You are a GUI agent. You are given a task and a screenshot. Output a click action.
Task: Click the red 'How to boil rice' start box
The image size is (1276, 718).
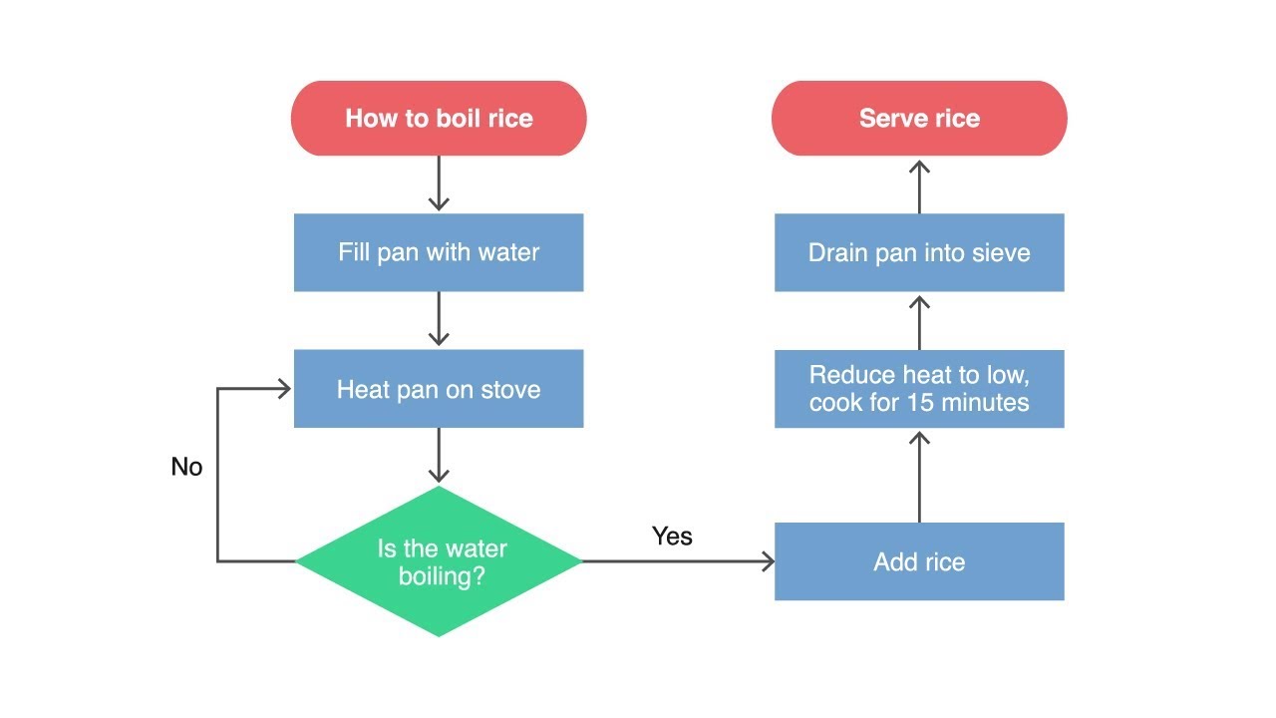[x=439, y=119]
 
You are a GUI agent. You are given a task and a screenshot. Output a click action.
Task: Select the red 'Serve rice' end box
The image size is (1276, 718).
[x=919, y=119]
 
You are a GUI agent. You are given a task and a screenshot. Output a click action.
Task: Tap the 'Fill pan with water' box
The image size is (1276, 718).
[x=439, y=252]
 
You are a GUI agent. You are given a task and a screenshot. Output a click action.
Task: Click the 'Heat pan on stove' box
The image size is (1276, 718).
[x=439, y=389]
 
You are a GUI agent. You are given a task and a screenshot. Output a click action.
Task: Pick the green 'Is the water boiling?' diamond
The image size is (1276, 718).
[x=439, y=561]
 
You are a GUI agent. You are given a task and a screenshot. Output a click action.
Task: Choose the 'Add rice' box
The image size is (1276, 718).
[x=919, y=561]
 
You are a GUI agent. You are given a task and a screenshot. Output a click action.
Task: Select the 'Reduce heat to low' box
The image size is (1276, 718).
[x=919, y=389]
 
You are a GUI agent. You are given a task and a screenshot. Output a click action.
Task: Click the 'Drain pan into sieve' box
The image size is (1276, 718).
[x=919, y=252]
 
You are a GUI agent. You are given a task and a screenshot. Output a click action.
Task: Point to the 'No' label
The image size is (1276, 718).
[x=186, y=467]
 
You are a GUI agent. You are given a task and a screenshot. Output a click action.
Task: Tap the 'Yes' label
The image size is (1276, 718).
[x=672, y=537]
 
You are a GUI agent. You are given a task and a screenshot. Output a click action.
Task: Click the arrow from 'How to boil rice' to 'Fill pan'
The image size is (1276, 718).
[x=439, y=184]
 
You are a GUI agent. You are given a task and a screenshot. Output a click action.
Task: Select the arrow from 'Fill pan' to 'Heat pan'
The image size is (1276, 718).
[x=439, y=320]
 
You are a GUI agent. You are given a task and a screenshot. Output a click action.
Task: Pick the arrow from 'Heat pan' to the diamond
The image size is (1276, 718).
[x=439, y=457]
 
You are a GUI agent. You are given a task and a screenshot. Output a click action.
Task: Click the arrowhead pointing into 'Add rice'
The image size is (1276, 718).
[x=767, y=561]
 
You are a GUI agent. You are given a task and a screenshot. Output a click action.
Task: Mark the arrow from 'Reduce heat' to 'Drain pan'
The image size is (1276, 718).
[x=919, y=321]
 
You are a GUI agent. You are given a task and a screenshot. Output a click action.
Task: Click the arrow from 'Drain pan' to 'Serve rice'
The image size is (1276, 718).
[x=919, y=185]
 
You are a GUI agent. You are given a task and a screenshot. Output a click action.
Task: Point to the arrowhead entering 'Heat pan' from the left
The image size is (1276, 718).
[x=284, y=389]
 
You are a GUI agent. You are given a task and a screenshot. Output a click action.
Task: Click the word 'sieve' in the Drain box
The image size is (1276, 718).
[x=1001, y=252]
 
